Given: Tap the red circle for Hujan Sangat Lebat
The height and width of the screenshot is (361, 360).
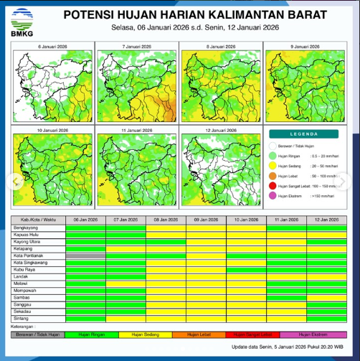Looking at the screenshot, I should click(x=273, y=185).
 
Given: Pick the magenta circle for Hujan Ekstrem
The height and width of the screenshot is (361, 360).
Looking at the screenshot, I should click(x=273, y=195).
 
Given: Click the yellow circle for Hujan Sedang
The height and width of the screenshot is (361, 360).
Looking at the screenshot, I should click(x=273, y=164).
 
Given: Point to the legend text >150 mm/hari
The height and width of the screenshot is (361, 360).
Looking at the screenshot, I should click(x=321, y=195).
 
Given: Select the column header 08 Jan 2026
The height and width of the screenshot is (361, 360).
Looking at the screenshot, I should click(x=166, y=219).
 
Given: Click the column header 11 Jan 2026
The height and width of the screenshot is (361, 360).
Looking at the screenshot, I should click(x=286, y=219).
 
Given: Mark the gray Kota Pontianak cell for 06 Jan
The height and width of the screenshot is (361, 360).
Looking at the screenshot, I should click(x=85, y=255).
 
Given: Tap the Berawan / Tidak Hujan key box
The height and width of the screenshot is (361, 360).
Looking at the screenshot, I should click(x=37, y=334).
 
